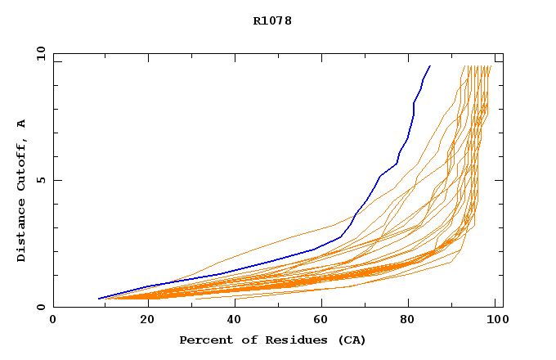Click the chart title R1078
[272, 20]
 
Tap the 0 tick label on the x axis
[53, 322]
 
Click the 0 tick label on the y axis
[40, 308]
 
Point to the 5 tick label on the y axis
[40, 180]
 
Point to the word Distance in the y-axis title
[21, 231]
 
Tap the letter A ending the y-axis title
[21, 124]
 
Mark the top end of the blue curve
[430, 65]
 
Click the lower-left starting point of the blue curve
[98, 299]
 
